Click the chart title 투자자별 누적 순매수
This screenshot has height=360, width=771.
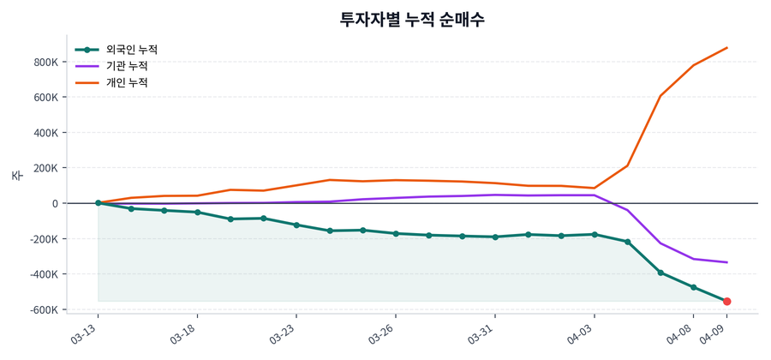[413, 19]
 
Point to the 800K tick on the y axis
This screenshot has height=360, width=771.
[45, 62]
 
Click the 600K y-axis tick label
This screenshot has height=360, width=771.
[45, 98]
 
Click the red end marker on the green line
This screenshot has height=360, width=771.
[726, 302]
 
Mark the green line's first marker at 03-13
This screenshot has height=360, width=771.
[98, 203]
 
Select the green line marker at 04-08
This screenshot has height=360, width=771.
[694, 287]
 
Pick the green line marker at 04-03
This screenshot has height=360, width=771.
[595, 234]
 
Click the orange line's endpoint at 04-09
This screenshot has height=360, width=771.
[726, 48]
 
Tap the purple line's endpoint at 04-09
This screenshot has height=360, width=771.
[726, 262]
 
